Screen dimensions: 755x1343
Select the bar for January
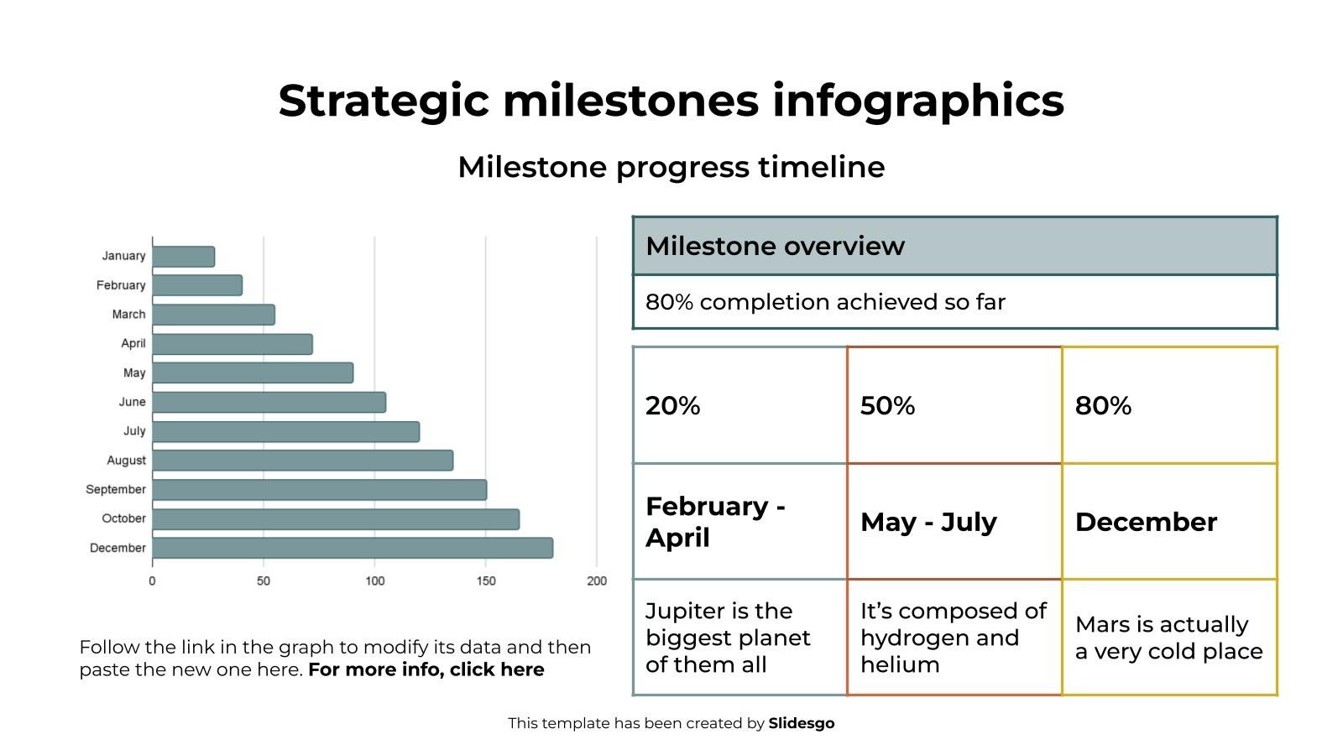(x=183, y=257)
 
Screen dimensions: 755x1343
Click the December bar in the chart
(x=353, y=548)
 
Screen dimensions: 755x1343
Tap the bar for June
(x=269, y=402)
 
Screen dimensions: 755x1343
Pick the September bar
(x=319, y=490)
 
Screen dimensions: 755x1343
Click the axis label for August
(x=126, y=461)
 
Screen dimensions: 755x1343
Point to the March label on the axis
(x=128, y=315)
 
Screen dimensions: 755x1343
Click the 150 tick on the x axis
(x=485, y=581)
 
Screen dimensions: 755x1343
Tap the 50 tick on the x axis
(x=264, y=581)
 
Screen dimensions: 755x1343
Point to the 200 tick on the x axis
(x=597, y=581)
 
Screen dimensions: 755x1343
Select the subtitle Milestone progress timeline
(x=671, y=167)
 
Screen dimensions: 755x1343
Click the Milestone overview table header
(x=954, y=247)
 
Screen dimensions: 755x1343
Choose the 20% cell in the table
(x=739, y=405)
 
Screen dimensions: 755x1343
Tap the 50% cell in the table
(x=954, y=405)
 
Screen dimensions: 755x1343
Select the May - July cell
(x=954, y=522)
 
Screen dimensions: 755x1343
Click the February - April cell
(x=739, y=522)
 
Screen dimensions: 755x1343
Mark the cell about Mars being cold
(x=1168, y=638)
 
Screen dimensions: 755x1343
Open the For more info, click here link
(x=426, y=669)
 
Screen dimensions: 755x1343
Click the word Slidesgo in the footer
(x=801, y=723)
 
